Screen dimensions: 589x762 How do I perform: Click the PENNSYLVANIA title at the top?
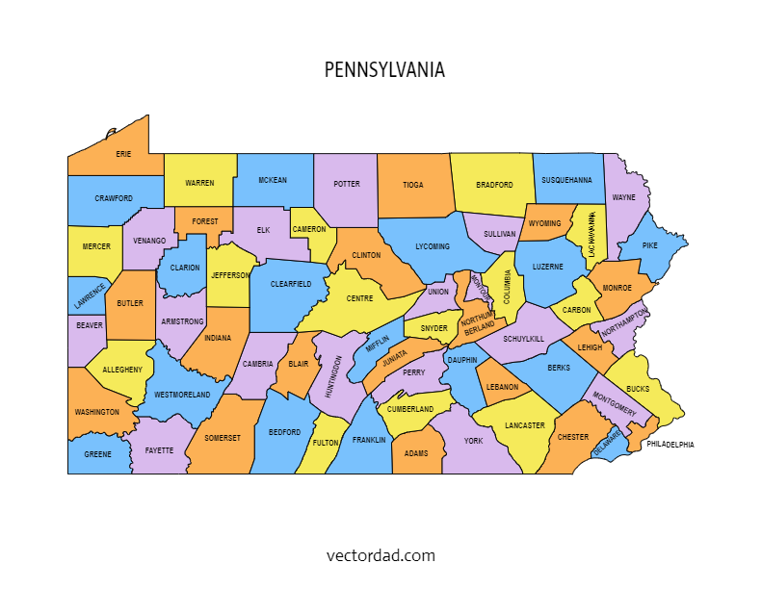(x=384, y=70)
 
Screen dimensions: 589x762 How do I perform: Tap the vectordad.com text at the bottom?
(x=381, y=555)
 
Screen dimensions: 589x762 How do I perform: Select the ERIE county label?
(x=123, y=154)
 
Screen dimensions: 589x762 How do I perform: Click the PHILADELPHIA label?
(x=670, y=445)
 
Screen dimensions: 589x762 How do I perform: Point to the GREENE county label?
(x=97, y=454)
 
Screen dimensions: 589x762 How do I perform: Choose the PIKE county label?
(x=649, y=245)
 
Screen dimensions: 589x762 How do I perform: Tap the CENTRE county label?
(x=359, y=298)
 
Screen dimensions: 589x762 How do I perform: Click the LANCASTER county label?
(x=524, y=425)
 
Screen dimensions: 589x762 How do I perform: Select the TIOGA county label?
(x=412, y=185)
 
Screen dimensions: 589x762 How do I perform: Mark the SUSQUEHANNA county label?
(x=566, y=180)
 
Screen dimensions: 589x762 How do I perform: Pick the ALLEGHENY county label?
(x=122, y=370)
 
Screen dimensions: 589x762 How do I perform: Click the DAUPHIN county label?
(x=461, y=360)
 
